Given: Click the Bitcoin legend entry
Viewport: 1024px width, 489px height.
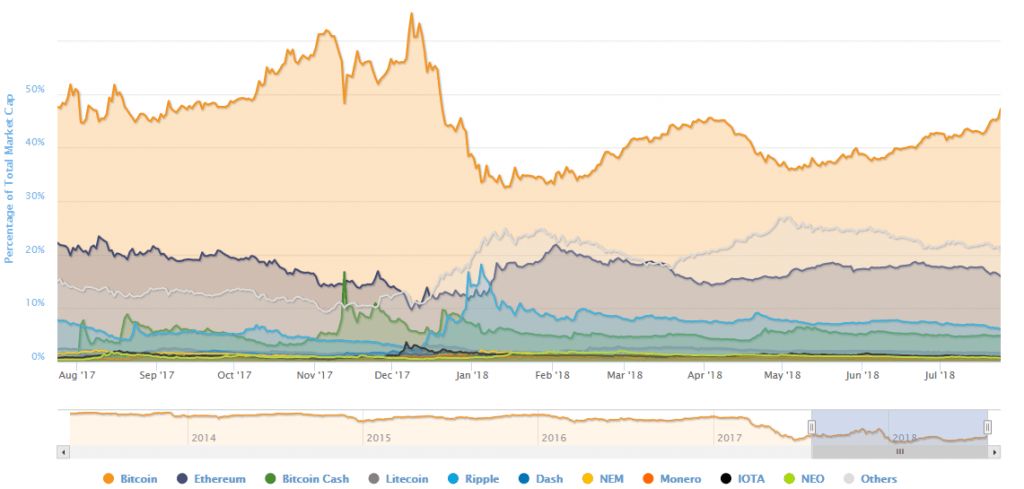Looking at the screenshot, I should click(x=131, y=479).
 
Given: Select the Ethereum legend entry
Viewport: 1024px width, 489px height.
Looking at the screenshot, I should click(x=211, y=479).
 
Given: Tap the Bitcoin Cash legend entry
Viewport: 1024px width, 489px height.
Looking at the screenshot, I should click(x=307, y=479).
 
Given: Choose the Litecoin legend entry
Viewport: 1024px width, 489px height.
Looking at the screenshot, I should click(x=399, y=479).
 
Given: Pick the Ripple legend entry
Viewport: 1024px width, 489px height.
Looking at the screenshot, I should click(x=475, y=479).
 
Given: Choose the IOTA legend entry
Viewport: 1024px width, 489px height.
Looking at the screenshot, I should click(x=743, y=479).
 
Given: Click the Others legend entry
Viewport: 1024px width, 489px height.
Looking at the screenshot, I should click(x=869, y=479).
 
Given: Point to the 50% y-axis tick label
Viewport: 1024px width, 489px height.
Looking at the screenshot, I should click(x=35, y=89).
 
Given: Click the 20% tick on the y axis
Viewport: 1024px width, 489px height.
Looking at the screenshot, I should click(x=35, y=249).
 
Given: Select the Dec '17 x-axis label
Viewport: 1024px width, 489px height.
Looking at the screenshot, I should click(x=392, y=375).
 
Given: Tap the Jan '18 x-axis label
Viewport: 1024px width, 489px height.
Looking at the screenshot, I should click(x=470, y=375).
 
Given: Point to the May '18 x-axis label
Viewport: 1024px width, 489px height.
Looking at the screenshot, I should click(x=783, y=375).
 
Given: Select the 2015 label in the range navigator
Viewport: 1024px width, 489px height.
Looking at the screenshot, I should click(x=379, y=438).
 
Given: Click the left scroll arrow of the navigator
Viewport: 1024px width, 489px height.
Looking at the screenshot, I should click(x=64, y=452).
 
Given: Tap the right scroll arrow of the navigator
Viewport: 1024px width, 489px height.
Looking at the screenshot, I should click(x=995, y=452).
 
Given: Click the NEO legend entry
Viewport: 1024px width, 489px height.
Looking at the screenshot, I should click(x=805, y=479).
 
